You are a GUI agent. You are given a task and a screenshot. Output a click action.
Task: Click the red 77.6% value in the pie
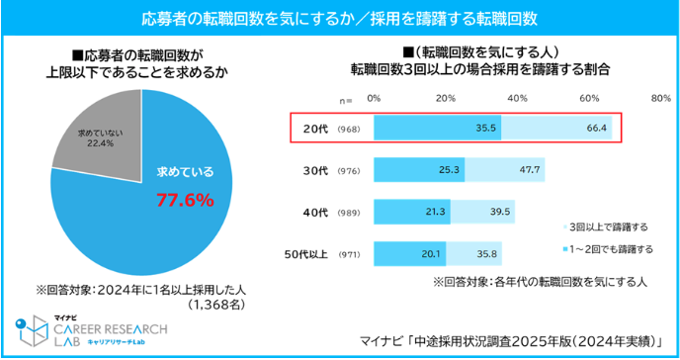185,201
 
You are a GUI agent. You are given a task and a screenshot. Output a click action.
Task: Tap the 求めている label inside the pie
185,172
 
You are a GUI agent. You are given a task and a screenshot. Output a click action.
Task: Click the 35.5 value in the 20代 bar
485,128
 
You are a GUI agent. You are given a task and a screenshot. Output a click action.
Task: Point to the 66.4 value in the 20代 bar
596,128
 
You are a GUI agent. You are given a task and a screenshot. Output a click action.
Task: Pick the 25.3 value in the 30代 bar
449,169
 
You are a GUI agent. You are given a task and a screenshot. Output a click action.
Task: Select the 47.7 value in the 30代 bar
530,169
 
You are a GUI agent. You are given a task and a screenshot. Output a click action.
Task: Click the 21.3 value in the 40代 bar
435,212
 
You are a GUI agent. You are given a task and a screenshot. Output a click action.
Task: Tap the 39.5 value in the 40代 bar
500,212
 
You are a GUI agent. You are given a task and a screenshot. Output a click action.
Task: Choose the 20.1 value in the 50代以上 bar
431,254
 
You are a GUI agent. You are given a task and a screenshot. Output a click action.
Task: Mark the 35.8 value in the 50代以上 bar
487,254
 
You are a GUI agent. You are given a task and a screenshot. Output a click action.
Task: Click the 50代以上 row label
305,254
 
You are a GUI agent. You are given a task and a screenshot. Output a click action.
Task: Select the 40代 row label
315,213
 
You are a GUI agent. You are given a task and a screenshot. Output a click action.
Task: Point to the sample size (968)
349,130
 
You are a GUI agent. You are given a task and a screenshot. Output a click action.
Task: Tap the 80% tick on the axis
661,99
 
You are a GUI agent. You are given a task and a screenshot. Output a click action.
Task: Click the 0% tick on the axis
374,99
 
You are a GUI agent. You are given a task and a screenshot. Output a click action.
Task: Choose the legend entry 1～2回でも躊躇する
608,249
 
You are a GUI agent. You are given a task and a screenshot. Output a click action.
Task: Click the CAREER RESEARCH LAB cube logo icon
32,330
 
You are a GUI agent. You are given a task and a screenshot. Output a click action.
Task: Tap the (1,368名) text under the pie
216,305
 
